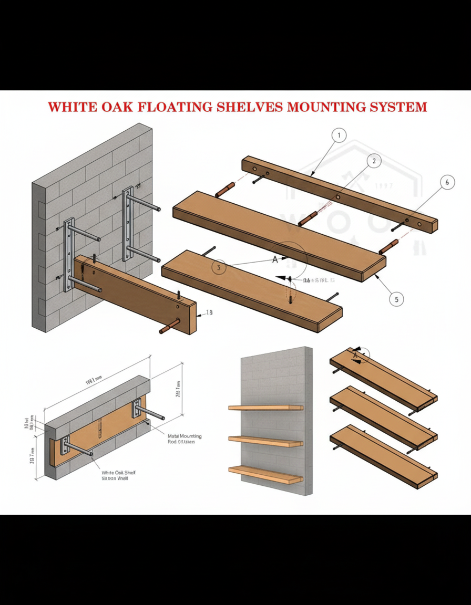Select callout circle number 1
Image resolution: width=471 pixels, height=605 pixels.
point(339,135)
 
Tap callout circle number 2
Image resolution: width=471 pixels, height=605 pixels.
point(373,161)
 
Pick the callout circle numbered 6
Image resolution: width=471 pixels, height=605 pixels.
point(447,183)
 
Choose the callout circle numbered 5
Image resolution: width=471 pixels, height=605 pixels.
point(396,299)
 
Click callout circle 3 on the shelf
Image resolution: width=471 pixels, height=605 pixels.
point(219,267)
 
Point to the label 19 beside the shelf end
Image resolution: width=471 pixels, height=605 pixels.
point(209,313)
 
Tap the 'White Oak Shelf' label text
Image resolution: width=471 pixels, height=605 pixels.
point(118,473)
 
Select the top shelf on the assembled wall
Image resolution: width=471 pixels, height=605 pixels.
point(265,408)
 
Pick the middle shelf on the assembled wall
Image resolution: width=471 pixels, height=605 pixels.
point(265,441)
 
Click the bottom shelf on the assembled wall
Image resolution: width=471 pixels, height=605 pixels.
point(265,474)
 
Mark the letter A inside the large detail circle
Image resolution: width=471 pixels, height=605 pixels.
point(274,259)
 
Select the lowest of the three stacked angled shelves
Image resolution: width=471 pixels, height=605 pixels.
point(383,456)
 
